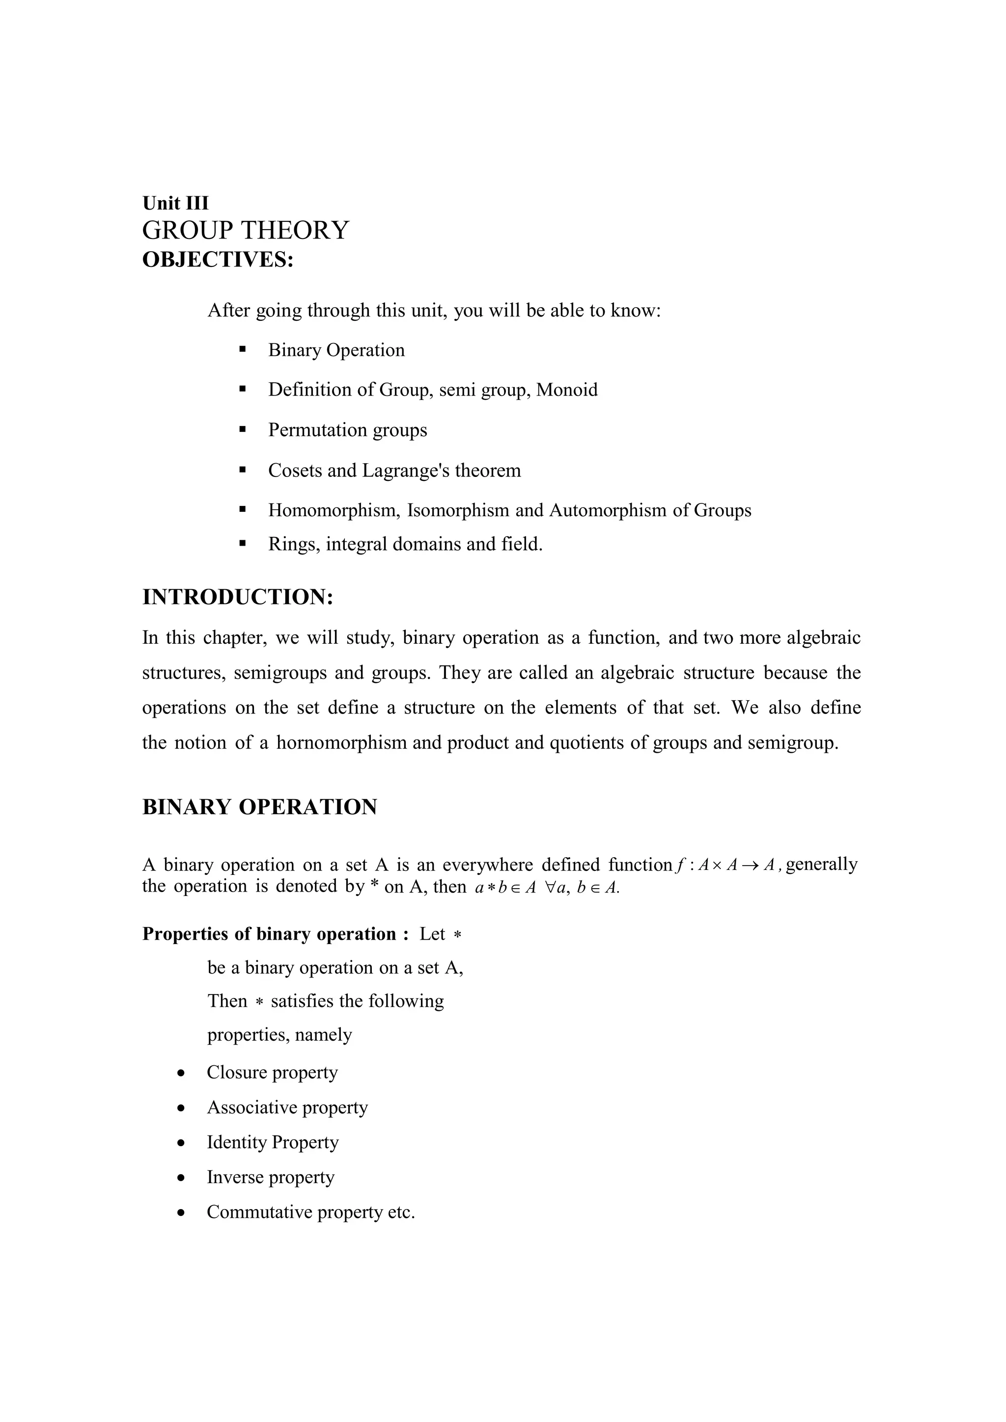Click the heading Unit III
175,203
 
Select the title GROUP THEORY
246,231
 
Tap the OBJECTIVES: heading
218,260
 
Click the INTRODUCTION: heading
238,597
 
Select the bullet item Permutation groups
347,430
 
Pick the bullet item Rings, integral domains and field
405,544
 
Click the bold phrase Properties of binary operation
269,934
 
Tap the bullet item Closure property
272,1072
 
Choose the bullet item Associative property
287,1107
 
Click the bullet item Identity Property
273,1141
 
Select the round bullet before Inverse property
180,1177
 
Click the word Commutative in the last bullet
259,1211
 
